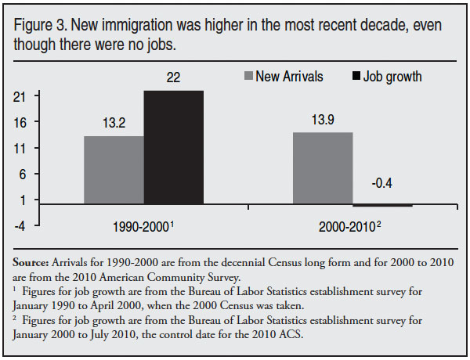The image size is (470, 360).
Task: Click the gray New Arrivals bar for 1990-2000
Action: pyautogui.click(x=114, y=170)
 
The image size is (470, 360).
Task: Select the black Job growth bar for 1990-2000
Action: pyautogui.click(x=173, y=148)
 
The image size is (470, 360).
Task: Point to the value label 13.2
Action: pyautogui.click(x=114, y=123)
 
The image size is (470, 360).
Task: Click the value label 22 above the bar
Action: pyautogui.click(x=173, y=78)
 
